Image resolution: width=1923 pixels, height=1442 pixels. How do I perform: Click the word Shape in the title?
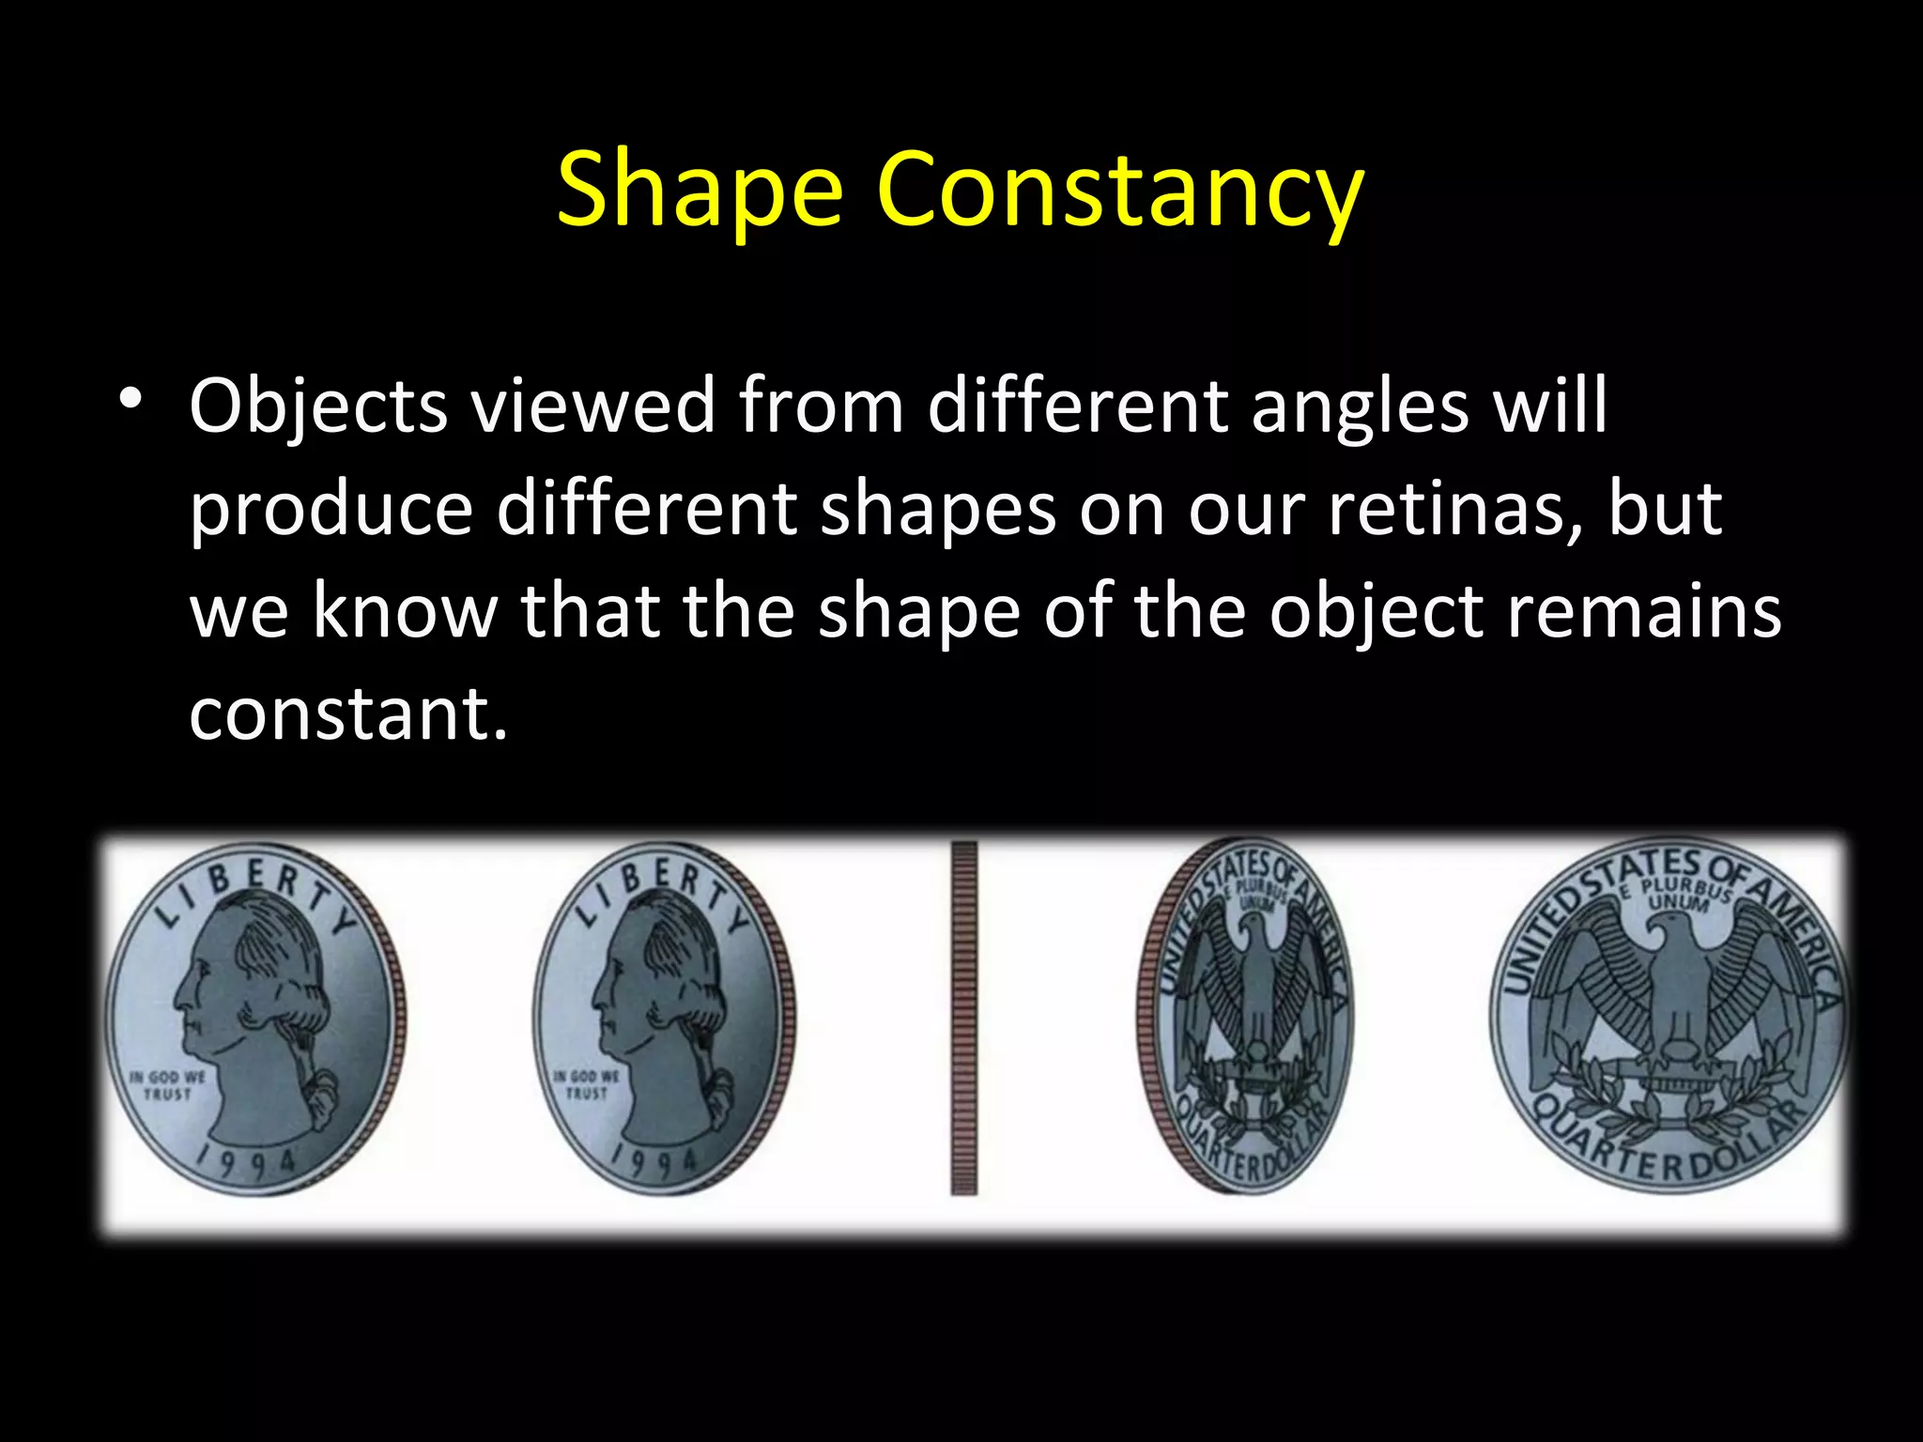pos(700,191)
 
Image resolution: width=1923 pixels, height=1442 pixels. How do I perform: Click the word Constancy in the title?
pos(1119,191)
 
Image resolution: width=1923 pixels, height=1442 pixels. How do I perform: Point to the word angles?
pos(1360,407)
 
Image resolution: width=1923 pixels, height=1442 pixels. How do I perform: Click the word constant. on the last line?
pos(348,713)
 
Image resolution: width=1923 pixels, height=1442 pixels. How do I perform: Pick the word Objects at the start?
pos(318,407)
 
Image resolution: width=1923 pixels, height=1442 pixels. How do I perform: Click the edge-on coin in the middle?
pos(963,1018)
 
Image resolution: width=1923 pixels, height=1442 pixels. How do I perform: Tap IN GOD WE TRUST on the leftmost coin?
pos(167,1085)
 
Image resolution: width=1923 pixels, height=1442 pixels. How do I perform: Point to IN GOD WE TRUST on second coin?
pos(587,1085)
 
